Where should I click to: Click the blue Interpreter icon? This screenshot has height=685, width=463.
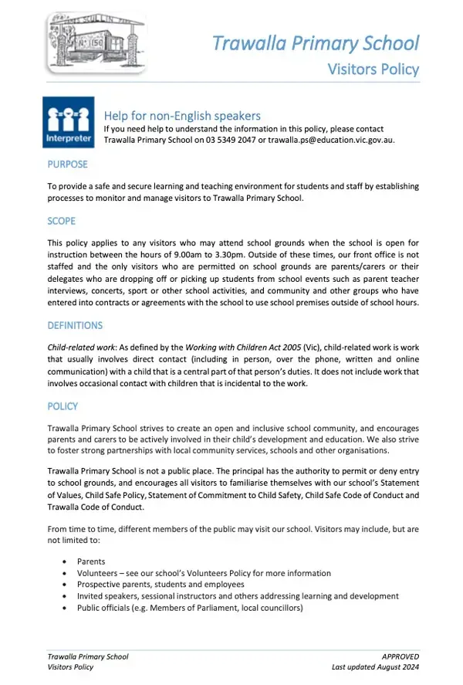(x=69, y=122)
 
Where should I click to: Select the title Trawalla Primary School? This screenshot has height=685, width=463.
(x=316, y=42)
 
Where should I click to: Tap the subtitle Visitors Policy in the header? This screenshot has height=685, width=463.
(x=373, y=69)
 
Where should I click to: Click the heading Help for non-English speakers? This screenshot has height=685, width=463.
(x=182, y=116)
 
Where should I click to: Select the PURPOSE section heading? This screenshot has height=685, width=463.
(x=68, y=164)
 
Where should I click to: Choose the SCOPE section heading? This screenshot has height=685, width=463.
(x=62, y=222)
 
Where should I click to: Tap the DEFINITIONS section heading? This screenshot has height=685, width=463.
(x=75, y=326)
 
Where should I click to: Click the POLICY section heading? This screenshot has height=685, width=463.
(x=63, y=406)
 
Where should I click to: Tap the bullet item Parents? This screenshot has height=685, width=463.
(x=91, y=561)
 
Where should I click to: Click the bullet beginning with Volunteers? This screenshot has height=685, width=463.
(x=204, y=573)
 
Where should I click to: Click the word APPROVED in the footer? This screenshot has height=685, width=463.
(x=400, y=656)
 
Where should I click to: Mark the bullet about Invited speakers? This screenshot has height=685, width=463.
(x=238, y=596)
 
